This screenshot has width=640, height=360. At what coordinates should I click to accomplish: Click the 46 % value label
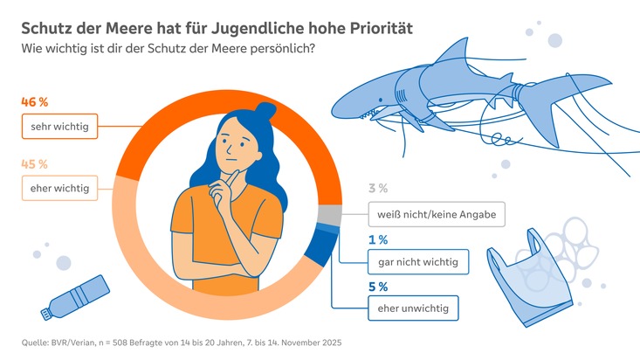tap(33, 102)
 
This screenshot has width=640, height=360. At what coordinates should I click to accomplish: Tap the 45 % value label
tap(33, 163)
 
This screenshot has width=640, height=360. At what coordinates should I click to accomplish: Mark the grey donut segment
tap(329, 215)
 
